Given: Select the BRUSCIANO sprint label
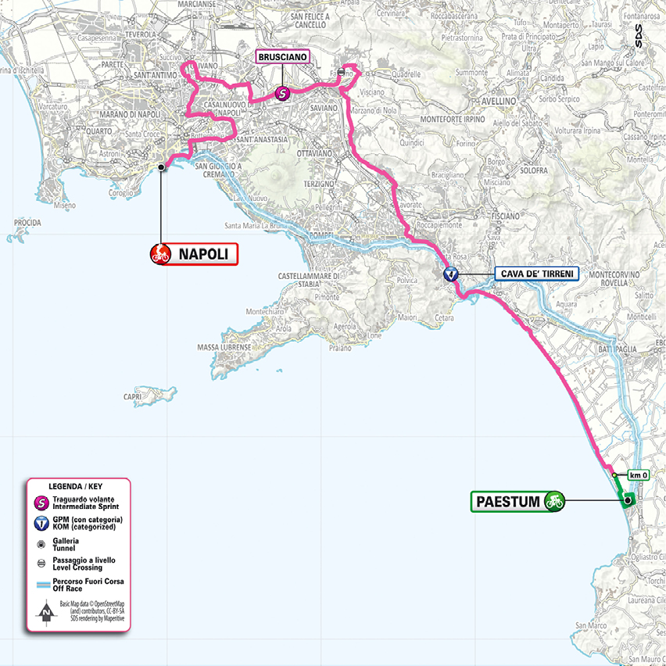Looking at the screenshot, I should (283, 57).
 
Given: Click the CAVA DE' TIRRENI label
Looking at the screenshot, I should (536, 274).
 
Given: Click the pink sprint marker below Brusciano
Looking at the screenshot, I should (282, 93).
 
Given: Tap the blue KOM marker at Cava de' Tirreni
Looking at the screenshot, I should (450, 274).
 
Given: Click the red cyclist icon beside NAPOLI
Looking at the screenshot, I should (160, 254).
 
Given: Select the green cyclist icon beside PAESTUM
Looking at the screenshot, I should (555, 500).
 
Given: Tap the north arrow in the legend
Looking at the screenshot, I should (48, 614).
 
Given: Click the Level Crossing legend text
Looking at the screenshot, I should (80, 569).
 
